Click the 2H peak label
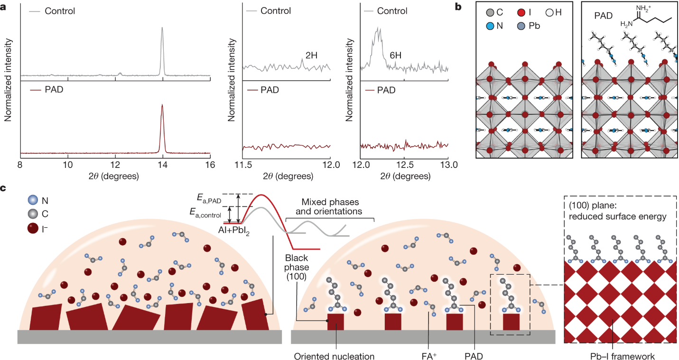click(311, 55)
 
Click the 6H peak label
click(396, 55)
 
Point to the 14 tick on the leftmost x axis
click(163, 164)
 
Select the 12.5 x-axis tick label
click(404, 164)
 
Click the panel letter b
click(458, 7)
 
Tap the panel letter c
click(4, 188)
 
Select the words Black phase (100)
click(297, 267)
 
